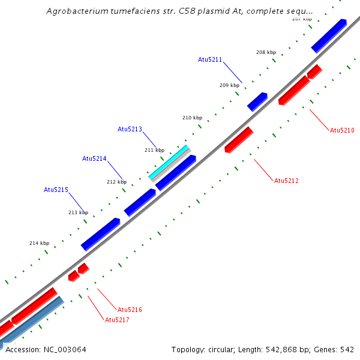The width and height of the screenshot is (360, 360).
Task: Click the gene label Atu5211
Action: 210,59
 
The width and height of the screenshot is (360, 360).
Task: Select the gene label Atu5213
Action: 130,129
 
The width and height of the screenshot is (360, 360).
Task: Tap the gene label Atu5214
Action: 94,158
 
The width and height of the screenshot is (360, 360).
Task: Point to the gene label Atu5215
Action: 56,190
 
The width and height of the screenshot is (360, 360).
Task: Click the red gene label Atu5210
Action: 342,130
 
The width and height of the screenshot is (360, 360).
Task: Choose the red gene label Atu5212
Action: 286,181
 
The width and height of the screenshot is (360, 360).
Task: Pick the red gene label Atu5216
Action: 130,310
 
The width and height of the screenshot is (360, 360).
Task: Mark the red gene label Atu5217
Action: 117,320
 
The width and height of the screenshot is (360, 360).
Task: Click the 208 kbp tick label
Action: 266,52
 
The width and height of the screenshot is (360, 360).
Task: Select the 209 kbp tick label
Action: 229,85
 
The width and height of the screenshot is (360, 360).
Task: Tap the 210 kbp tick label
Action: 192,118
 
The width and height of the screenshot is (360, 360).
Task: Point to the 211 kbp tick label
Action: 154,150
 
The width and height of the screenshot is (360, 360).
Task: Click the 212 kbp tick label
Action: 116,182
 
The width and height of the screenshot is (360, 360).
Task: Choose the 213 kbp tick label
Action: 78,212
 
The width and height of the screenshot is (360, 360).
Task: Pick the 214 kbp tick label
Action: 39,243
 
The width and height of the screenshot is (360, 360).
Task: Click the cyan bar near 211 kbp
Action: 169,162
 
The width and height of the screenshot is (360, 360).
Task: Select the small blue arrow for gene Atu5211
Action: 257,101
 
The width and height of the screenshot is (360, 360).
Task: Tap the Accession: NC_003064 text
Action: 46,349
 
